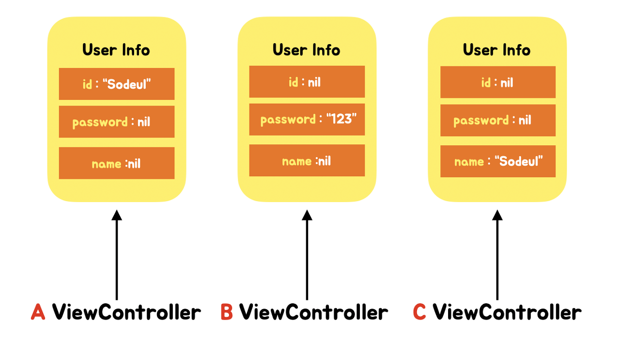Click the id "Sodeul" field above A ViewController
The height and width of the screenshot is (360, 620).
pyautogui.click(x=116, y=84)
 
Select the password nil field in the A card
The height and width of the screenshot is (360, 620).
pyautogui.click(x=116, y=122)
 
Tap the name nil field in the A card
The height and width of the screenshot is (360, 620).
pyautogui.click(x=116, y=163)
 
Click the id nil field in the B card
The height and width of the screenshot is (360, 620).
pyautogui.click(x=307, y=82)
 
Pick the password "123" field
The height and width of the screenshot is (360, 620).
pyautogui.click(x=307, y=119)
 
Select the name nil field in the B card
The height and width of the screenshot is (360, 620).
pyautogui.click(x=307, y=160)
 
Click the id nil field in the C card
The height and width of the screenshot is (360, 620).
pyautogui.click(x=497, y=82)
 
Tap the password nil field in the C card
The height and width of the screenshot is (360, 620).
pyautogui.click(x=497, y=120)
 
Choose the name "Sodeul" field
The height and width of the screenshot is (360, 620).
pyautogui.click(x=497, y=161)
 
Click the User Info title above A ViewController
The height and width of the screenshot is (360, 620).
pyautogui.click(x=116, y=50)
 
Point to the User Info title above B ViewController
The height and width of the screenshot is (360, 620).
pyautogui.click(x=307, y=50)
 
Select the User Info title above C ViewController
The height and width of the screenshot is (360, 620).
pyautogui.click(x=497, y=50)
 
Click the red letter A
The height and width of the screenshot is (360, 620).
pyautogui.click(x=38, y=312)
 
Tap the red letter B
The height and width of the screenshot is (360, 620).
pyautogui.click(x=227, y=312)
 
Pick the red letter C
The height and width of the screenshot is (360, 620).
pyautogui.click(x=419, y=312)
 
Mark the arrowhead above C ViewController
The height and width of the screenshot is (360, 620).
pyautogui.click(x=497, y=215)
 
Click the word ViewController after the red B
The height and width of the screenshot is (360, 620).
pyautogui.click(x=313, y=312)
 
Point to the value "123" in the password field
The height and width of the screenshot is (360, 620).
pyautogui.click(x=341, y=119)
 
